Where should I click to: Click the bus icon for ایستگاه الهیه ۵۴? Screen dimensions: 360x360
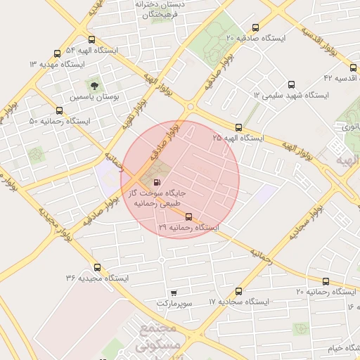point(91,40)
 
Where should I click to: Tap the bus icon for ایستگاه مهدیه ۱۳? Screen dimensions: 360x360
point(58,53)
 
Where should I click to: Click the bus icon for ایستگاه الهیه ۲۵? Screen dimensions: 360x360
point(239,128)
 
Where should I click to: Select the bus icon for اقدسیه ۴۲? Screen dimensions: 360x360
point(354,67)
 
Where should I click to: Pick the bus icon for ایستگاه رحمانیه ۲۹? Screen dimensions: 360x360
point(188,217)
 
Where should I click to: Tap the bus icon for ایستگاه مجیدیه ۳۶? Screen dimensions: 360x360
point(96,267)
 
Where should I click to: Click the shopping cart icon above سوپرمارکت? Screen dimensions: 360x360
point(174,292)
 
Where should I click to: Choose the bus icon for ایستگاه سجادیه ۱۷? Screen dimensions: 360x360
point(239,291)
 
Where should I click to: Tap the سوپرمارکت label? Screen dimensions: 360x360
point(174,303)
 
